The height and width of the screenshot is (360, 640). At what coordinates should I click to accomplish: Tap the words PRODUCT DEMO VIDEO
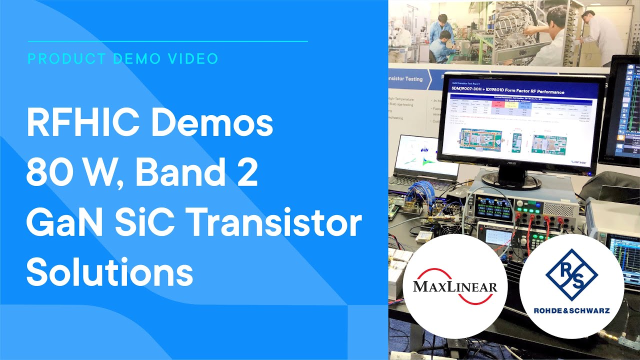click(123, 59)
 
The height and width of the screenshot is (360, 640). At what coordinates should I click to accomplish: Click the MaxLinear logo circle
click(455, 286)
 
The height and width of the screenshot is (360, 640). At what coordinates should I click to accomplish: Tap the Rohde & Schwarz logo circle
click(571, 286)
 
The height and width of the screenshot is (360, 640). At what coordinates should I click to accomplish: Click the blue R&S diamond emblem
click(571, 274)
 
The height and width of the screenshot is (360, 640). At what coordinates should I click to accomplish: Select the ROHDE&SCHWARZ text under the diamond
click(571, 310)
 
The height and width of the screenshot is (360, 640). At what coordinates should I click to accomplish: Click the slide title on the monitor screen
click(507, 92)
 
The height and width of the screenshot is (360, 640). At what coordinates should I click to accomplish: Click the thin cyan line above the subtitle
click(167, 41)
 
